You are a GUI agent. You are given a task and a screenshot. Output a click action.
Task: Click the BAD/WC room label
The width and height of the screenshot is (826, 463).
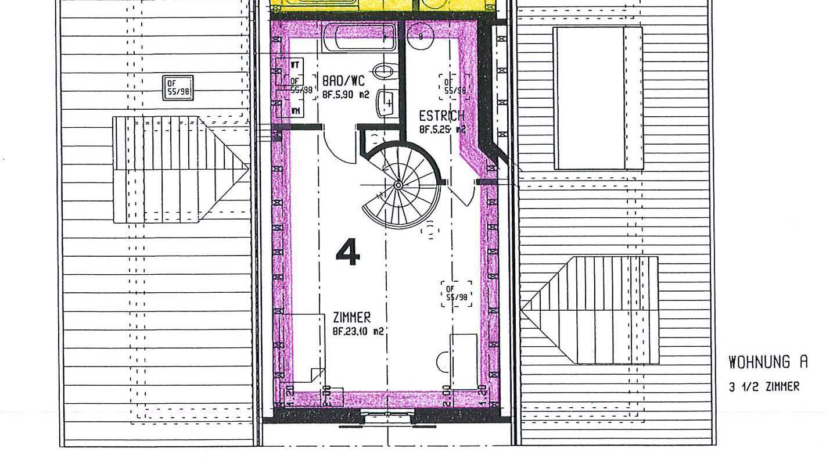(x=343, y=81)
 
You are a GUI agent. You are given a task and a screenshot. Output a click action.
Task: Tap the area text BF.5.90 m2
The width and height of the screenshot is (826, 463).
(x=347, y=92)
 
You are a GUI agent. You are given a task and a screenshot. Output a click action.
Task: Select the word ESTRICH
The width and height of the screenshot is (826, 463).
(x=441, y=116)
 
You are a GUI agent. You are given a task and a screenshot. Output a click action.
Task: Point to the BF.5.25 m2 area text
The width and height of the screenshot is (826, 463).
(x=442, y=130)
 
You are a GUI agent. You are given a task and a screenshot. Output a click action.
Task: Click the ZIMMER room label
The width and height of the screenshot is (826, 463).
(x=351, y=318)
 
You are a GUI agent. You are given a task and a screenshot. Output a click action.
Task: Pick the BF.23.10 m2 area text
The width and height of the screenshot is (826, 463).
(x=358, y=332)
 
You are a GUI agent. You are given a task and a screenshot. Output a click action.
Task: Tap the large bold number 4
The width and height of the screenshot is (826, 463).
(x=348, y=253)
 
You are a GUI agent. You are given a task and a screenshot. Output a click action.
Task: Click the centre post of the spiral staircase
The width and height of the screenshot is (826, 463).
(x=398, y=185)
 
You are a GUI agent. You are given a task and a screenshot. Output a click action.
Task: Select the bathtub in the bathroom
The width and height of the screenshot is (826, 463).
(x=358, y=37)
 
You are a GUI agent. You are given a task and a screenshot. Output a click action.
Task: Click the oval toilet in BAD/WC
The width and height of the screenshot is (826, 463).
(x=383, y=71)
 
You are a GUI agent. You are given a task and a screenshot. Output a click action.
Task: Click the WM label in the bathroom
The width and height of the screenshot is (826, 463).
(x=296, y=110)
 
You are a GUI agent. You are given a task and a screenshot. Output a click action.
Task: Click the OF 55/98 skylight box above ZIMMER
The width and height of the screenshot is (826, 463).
(x=457, y=293)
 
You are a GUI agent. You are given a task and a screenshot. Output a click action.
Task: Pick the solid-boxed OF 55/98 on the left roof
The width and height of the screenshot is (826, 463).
(x=178, y=88)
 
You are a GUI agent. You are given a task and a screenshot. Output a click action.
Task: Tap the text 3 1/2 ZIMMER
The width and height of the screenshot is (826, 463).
(x=764, y=387)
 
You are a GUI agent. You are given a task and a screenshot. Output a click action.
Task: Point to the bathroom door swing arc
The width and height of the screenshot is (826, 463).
(x=336, y=145)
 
